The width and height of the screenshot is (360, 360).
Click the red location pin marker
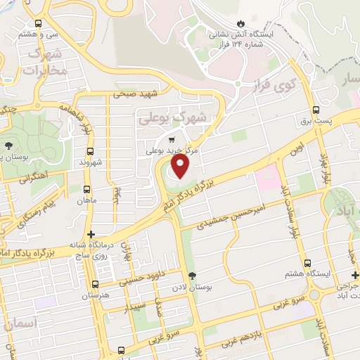pyautogui.click(x=181, y=166)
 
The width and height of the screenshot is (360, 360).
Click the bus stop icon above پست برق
pyautogui.click(x=316, y=110)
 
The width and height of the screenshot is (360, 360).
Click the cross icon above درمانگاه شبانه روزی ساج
pyautogui.click(x=90, y=234)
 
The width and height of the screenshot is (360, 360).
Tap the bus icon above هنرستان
pyautogui.click(x=94, y=283)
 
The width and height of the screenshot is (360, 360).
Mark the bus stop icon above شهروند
pyautogui.click(x=90, y=151)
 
